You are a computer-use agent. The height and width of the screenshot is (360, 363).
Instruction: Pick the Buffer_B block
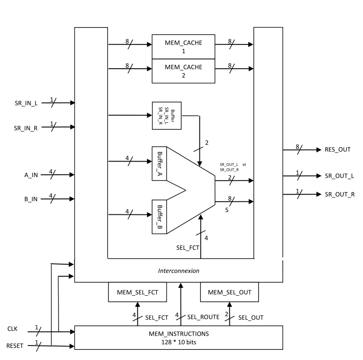coord(159,216)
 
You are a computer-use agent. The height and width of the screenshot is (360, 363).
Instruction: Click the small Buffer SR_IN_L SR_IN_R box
coord(166,115)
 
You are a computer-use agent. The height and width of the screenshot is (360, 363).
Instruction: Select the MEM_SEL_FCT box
coord(137,292)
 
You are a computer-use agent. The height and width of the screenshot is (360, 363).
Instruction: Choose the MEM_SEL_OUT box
coord(229,292)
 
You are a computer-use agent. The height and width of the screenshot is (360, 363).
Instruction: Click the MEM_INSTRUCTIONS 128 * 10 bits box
coord(178,337)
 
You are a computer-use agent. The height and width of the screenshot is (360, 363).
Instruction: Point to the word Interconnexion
coord(179,271)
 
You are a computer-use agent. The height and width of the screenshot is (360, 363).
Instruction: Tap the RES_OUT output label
coord(338,150)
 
